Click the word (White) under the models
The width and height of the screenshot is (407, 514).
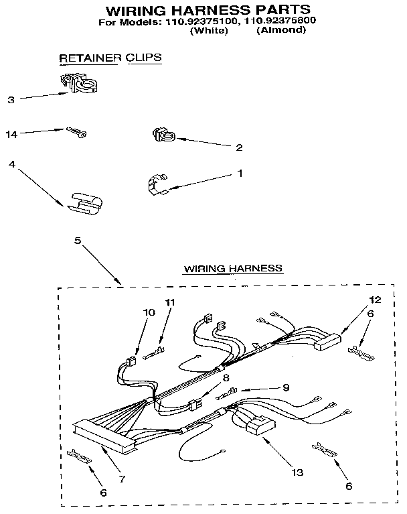[x=209, y=30]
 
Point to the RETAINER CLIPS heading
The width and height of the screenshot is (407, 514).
[x=110, y=58]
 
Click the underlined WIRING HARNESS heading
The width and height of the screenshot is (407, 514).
[x=233, y=268]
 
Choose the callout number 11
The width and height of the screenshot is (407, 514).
[x=170, y=302]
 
